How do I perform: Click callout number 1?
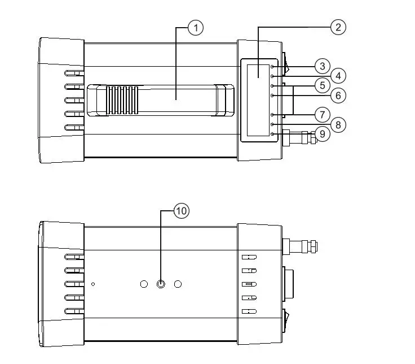195,28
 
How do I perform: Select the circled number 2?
338,27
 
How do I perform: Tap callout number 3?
322,66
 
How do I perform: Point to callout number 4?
338,75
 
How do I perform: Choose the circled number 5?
322,86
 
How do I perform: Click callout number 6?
338,96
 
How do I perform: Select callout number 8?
338,124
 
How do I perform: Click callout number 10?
180,211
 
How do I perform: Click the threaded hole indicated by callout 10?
161,284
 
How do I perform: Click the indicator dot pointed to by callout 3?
272,66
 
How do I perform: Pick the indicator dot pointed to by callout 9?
272,134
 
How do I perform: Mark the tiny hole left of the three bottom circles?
94,284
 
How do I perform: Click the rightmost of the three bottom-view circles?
178,284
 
